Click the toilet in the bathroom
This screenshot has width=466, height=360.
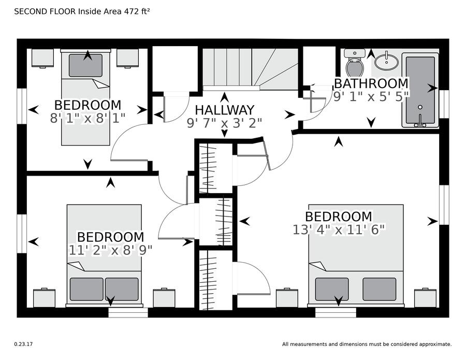pyautogui.click(x=355, y=63)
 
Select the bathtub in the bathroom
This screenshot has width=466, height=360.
pyautogui.click(x=420, y=90)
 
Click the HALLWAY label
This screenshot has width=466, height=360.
pyautogui.click(x=225, y=110)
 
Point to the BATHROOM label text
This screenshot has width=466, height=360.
pyautogui.click(x=371, y=83)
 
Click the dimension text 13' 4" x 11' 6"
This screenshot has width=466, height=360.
pyautogui.click(x=339, y=229)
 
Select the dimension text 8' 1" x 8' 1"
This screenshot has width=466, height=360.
pyautogui.click(x=88, y=118)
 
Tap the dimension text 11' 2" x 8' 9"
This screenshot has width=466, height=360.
pyautogui.click(x=111, y=250)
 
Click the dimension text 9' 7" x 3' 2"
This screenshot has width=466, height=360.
pyautogui.click(x=225, y=123)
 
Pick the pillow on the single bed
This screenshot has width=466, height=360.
pyautogui.click(x=85, y=65)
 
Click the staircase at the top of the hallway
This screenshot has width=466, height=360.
pyautogui.click(x=250, y=69)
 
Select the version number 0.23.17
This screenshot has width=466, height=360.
pyautogui.click(x=23, y=344)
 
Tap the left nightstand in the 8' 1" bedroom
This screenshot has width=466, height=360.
pyautogui.click(x=42, y=58)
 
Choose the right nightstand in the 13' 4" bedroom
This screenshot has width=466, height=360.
pyautogui.click(x=426, y=297)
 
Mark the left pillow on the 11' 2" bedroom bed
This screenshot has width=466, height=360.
pyautogui.click(x=86, y=289)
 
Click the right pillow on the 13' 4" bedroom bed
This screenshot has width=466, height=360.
pyautogui.click(x=379, y=289)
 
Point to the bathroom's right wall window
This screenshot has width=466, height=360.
pyautogui.click(x=444, y=104)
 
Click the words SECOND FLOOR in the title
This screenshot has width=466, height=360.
pyautogui.click(x=45, y=11)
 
